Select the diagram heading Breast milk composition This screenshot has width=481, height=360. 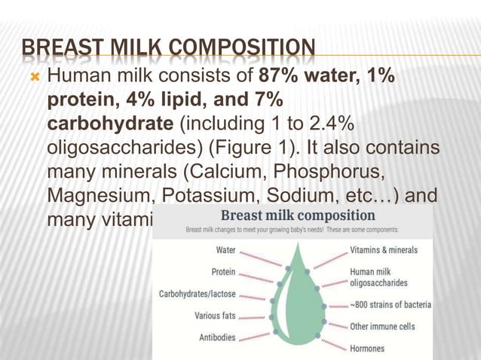[292, 215]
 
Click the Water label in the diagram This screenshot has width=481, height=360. [226, 250]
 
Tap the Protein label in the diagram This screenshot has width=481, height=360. [223, 272]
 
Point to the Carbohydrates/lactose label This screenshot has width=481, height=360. [198, 294]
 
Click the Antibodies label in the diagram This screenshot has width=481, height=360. [217, 337]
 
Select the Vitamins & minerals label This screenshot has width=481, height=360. [383, 250]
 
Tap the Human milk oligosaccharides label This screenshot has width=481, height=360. [378, 277]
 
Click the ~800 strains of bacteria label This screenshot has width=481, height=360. [390, 305]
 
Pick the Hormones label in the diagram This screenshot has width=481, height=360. [367, 349]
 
